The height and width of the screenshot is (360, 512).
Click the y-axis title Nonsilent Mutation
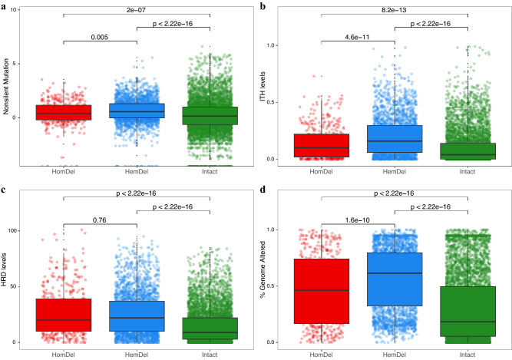[x=8, y=92]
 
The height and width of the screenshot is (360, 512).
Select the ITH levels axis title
[x=266, y=92]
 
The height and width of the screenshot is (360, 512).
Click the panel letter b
[x=263, y=5]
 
